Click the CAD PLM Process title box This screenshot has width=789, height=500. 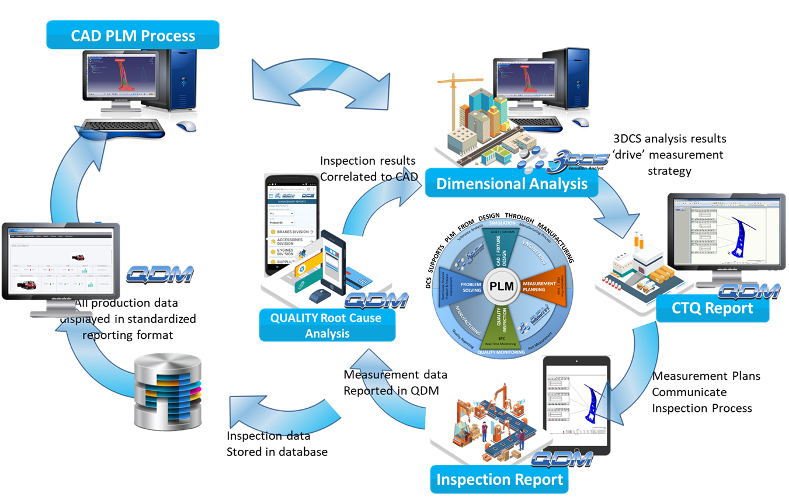133,36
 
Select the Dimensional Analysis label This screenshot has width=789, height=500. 512,184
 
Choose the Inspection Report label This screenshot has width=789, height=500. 500,480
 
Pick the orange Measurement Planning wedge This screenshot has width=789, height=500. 537,289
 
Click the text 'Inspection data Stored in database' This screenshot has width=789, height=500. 277,444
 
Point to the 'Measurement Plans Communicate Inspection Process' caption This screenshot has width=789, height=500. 705,392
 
